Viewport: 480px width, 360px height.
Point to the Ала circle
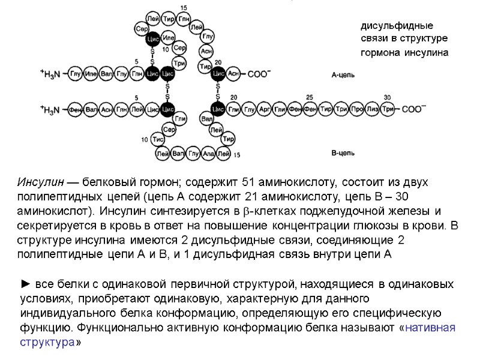(208, 154)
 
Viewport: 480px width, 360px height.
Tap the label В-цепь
(343, 154)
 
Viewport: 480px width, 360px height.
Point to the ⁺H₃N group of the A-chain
(50, 74)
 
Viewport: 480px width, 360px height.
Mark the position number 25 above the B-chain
(310, 97)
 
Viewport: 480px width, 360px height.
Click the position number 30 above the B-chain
(387, 97)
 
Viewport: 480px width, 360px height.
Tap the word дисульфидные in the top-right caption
(396, 26)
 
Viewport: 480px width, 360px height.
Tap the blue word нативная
(431, 328)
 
